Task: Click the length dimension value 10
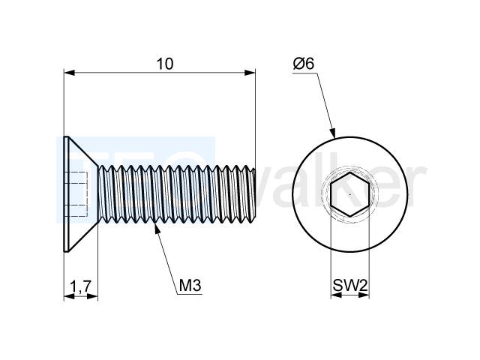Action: (165, 64)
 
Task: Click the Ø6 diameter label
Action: (303, 64)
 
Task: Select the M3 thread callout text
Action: (190, 285)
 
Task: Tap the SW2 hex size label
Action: (350, 286)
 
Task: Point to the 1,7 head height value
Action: (80, 286)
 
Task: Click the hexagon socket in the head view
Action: (350, 194)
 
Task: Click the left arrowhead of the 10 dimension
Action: (70, 73)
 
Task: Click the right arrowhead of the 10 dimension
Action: (250, 73)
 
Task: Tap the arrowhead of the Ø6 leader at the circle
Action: (333, 133)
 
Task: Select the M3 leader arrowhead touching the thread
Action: (157, 229)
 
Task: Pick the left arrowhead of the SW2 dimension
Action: (336, 295)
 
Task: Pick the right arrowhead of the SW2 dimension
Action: (364, 295)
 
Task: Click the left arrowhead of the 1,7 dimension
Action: (70, 296)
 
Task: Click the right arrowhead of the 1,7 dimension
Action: (92, 296)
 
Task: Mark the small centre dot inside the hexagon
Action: (350, 194)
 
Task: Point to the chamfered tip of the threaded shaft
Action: (253, 194)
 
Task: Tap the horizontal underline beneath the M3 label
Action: (190, 295)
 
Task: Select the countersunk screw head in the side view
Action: (81, 194)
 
